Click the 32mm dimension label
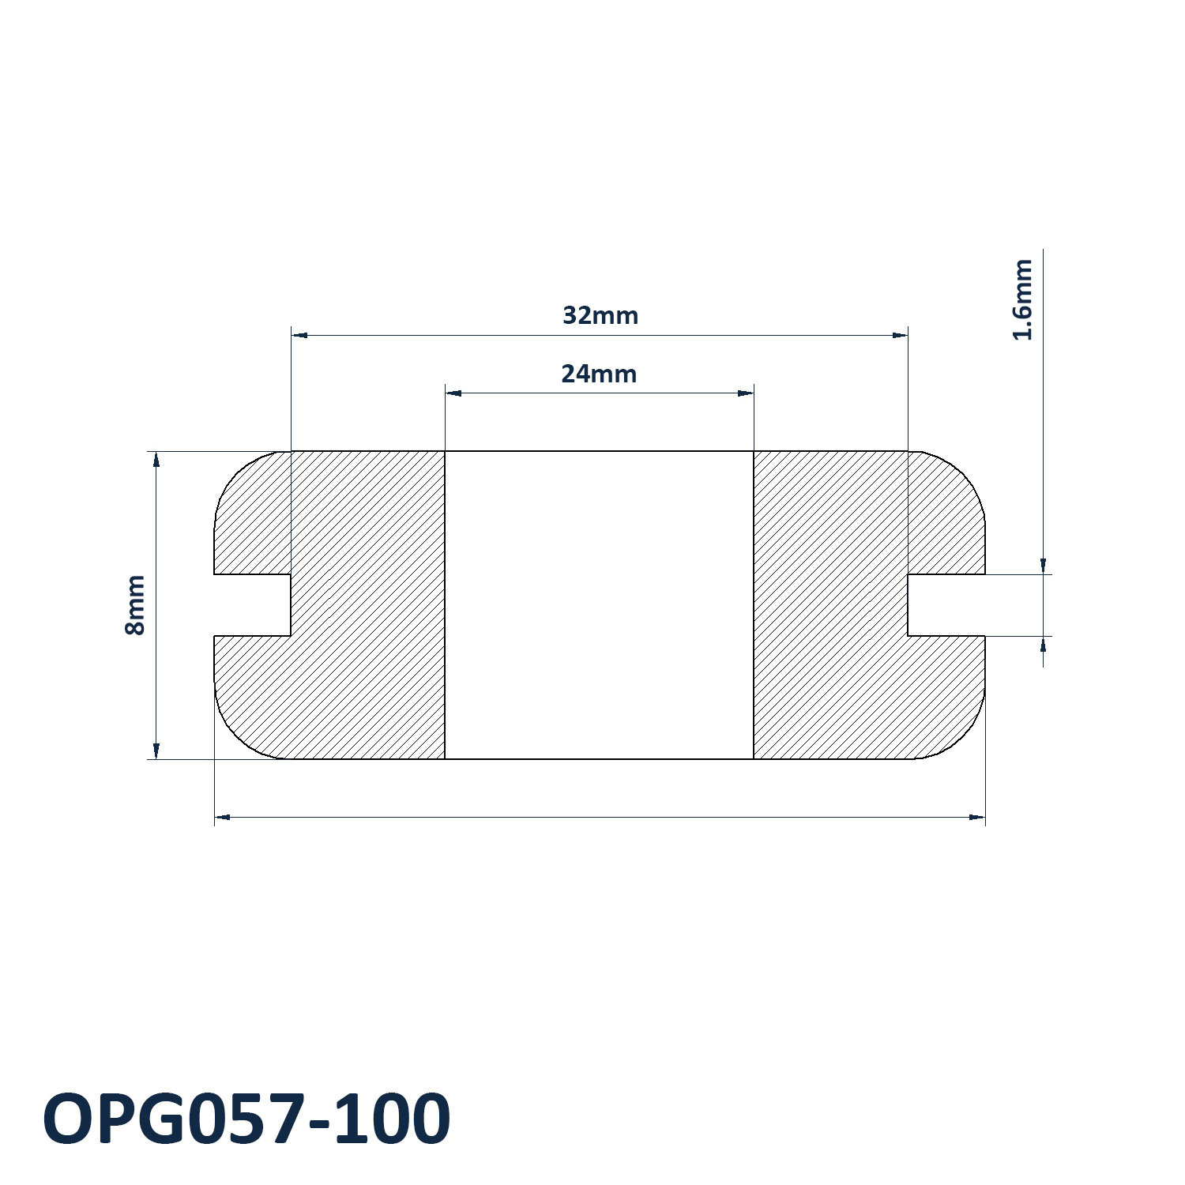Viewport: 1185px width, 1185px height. (600, 315)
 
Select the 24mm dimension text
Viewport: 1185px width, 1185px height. (599, 374)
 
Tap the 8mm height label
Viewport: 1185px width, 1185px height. (135, 605)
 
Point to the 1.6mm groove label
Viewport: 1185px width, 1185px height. (1022, 299)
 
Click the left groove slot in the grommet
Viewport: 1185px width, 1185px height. (253, 605)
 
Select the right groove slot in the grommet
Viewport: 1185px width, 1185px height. (946, 605)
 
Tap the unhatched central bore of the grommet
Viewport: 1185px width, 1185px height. (600, 605)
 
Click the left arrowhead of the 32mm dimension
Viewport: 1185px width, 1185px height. (299, 335)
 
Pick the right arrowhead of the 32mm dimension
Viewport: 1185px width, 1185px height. (900, 335)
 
